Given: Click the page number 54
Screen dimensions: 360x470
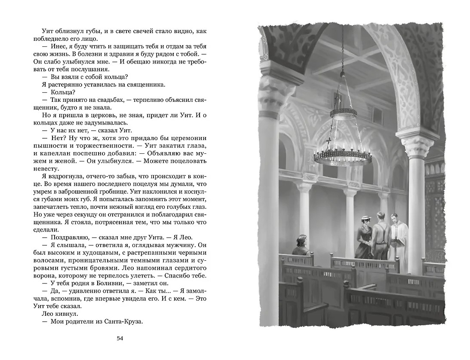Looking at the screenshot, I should (x=120, y=339).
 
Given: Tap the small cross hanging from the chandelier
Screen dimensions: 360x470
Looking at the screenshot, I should (x=329, y=142).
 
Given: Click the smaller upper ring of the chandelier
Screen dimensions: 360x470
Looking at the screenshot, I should (x=343, y=114).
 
